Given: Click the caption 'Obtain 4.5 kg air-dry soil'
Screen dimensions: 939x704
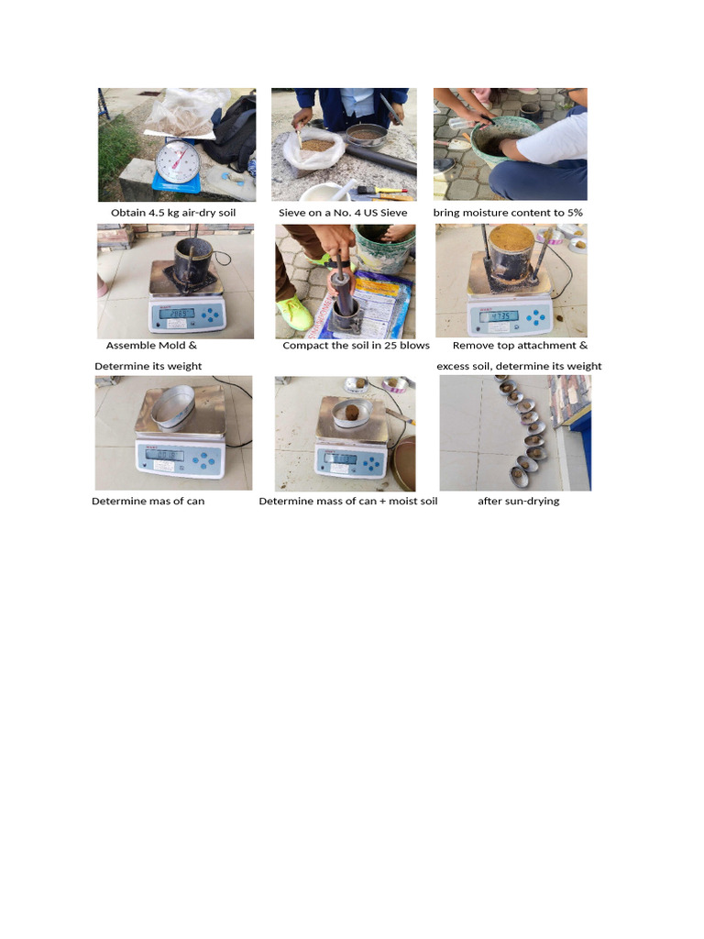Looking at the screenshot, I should [173, 213].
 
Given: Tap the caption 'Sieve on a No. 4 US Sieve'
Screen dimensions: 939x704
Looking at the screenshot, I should [343, 213].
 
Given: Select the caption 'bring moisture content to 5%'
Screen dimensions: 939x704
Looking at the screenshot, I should [508, 213].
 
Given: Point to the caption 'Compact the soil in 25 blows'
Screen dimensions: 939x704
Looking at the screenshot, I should [356, 346].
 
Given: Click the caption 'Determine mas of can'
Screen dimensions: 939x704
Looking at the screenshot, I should [148, 502].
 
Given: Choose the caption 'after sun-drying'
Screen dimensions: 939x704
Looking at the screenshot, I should [518, 502].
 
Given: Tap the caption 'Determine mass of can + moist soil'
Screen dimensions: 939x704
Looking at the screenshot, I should [348, 502].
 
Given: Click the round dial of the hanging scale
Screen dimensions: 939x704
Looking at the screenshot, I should [177, 163].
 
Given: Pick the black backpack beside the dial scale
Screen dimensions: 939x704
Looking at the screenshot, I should [233, 133].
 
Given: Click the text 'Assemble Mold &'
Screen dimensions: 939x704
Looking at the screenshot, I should [151, 346].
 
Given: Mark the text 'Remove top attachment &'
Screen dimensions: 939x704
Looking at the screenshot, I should [520, 346].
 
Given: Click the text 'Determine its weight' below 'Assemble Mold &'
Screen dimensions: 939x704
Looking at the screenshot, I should [148, 366].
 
